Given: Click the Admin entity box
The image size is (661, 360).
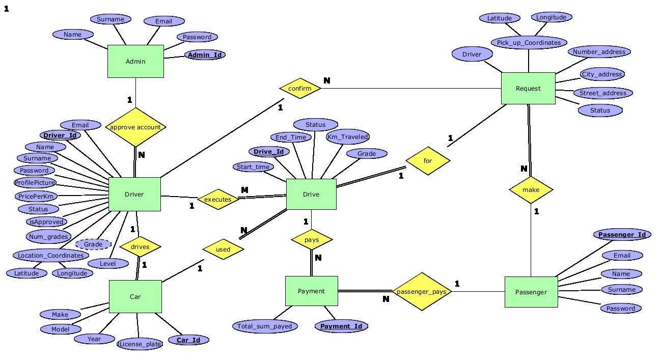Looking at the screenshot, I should (135, 61).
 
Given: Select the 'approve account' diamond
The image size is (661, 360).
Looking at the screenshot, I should (135, 127).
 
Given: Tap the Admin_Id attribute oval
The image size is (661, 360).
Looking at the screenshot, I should (205, 54).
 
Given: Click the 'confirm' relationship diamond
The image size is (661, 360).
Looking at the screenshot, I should (300, 89).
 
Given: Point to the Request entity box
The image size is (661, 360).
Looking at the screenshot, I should (528, 89).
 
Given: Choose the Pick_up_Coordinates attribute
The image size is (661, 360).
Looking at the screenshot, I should (529, 42).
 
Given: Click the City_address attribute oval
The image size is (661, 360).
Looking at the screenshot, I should (602, 74).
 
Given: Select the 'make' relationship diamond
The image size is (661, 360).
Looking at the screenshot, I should (531, 190).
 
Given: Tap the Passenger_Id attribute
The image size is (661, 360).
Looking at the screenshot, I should (622, 235).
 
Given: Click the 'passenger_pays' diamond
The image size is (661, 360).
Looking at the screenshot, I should (422, 292).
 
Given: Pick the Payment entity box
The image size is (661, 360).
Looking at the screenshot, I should (311, 291).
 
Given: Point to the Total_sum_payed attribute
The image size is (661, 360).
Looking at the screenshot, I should (265, 326).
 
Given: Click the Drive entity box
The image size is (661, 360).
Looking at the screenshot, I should (311, 194).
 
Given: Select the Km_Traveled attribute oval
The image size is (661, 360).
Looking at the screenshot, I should (348, 136).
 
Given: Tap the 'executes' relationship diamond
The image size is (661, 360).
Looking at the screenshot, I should (218, 200).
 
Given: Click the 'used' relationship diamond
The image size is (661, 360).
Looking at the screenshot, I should (223, 250).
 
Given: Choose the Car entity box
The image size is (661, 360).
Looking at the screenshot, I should (135, 296).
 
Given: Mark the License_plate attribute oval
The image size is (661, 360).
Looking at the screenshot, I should (140, 344).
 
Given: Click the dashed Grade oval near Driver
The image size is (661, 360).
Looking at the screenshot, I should (93, 244).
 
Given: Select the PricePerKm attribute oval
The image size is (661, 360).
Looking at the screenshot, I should (36, 196).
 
